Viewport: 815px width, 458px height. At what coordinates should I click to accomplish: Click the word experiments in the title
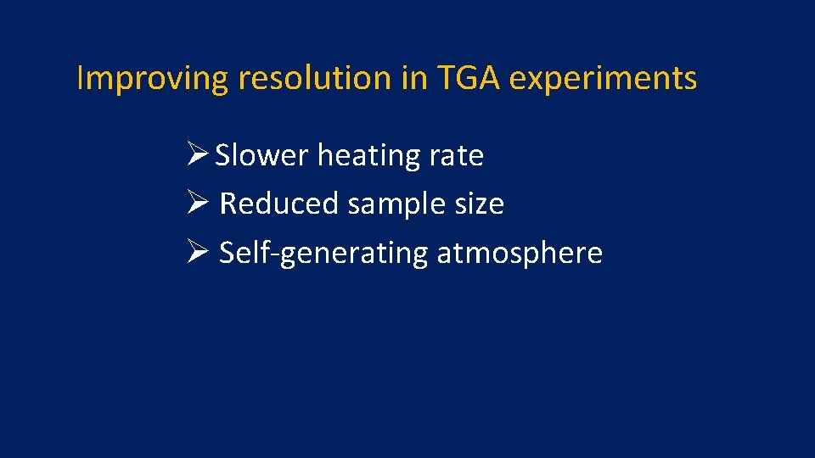click(x=603, y=79)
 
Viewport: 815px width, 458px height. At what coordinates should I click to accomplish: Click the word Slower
click(x=261, y=156)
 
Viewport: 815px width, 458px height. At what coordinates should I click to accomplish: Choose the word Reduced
click(x=279, y=204)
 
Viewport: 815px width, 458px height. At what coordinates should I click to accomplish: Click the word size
click(x=481, y=204)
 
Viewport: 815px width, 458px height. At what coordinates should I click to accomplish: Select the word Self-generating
click(x=323, y=254)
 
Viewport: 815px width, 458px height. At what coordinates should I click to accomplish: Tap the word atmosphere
click(x=520, y=254)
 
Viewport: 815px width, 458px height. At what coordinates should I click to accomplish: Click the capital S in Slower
click(x=223, y=156)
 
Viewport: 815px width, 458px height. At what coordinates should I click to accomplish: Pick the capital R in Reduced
click(x=228, y=204)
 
